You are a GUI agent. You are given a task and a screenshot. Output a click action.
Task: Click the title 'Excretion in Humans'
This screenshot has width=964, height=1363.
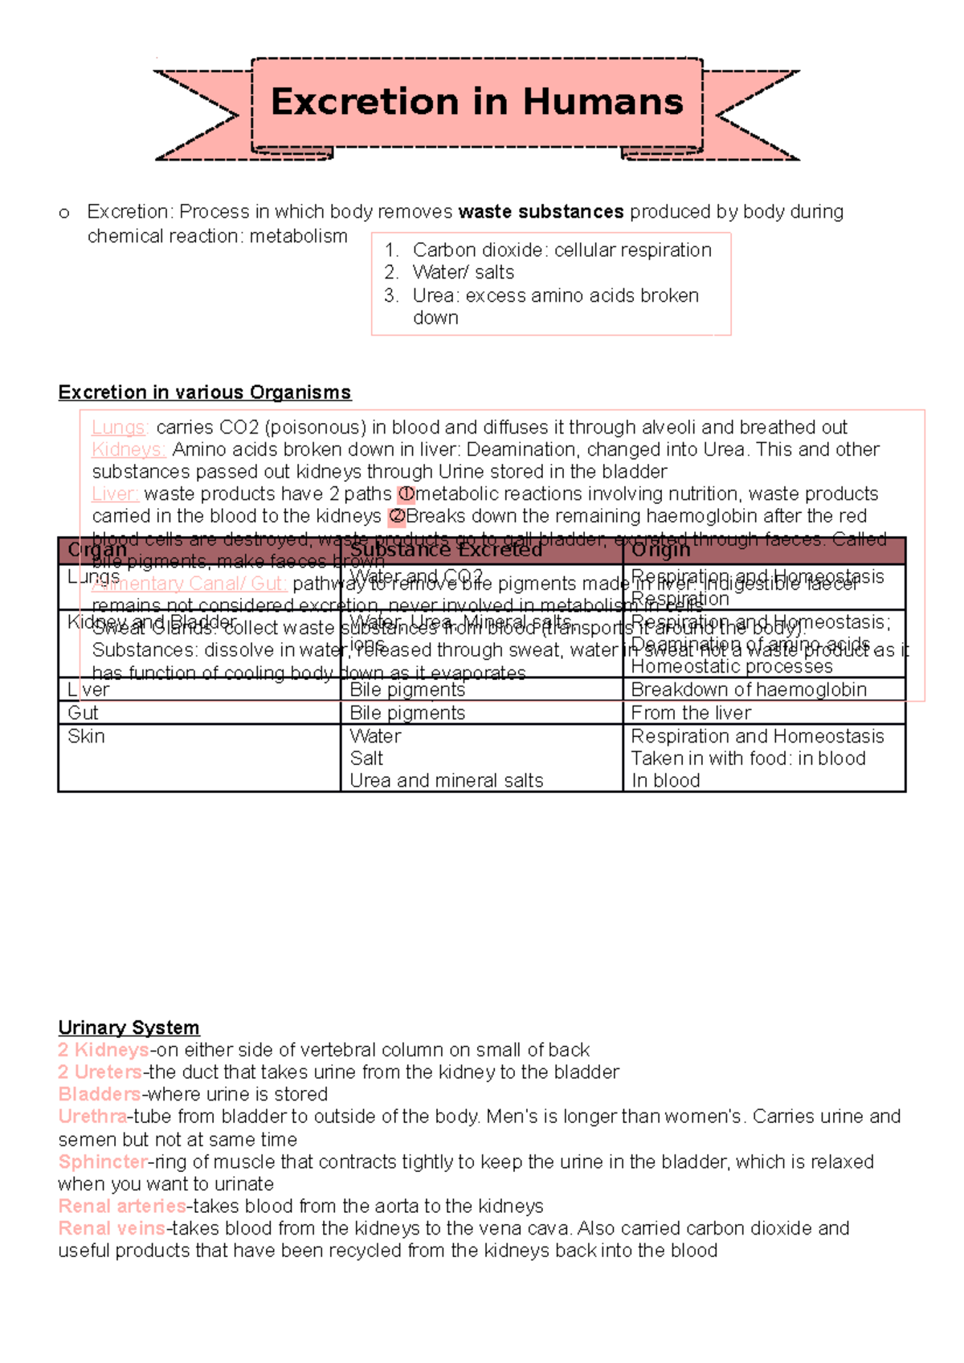tap(477, 102)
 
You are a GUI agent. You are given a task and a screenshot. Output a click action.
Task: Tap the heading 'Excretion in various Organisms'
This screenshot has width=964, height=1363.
tap(205, 393)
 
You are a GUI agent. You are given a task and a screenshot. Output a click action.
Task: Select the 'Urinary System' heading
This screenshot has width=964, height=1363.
tap(129, 1027)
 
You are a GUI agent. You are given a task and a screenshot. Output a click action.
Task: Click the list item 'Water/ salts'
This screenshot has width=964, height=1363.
tap(464, 273)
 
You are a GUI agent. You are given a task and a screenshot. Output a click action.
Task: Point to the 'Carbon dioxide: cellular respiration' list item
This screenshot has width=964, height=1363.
tap(562, 250)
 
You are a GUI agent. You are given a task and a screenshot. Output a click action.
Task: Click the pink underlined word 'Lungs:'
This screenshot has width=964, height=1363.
tap(120, 427)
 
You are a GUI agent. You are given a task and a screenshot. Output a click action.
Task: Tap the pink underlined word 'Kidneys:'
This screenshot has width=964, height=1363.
tap(129, 450)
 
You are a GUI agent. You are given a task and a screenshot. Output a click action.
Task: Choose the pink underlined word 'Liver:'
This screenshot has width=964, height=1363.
tap(115, 494)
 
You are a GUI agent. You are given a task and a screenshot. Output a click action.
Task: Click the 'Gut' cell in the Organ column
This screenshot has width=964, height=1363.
tap(84, 713)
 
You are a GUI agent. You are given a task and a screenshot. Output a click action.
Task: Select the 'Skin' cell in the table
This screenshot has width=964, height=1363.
tap(87, 736)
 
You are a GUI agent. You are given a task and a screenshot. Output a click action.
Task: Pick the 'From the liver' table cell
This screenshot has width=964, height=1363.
tap(691, 713)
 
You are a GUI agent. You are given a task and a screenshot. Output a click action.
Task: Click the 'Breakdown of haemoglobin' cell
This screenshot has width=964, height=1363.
tap(749, 690)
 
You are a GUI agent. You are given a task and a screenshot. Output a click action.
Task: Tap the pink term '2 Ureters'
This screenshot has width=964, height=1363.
tap(100, 1072)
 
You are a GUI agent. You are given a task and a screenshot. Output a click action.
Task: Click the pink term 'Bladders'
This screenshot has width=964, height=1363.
tap(100, 1094)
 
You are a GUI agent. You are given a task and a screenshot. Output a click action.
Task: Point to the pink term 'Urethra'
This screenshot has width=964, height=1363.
tap(92, 1117)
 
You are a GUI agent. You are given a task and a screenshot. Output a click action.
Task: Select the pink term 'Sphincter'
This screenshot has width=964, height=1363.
tap(103, 1162)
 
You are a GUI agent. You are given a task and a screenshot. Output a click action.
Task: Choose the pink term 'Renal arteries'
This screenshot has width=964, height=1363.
tap(122, 1206)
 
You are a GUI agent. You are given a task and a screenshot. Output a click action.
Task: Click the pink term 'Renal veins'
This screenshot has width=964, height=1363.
tap(112, 1228)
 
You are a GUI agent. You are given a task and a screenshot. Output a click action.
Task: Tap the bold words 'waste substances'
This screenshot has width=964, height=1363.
tap(541, 212)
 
